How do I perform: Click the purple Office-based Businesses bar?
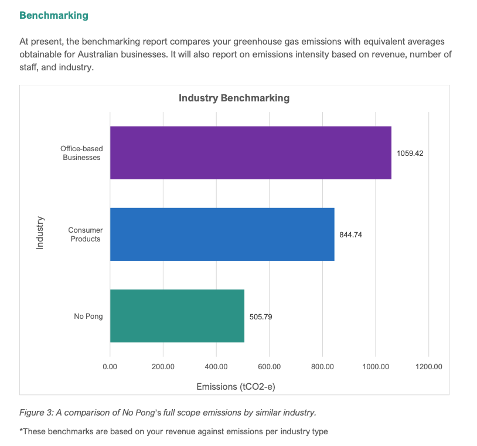tap(251, 153)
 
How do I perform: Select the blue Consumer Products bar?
tap(222, 234)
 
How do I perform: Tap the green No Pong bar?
tap(177, 316)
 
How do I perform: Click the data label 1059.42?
tap(410, 154)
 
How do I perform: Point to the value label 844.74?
tap(351, 235)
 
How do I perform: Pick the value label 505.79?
tap(261, 316)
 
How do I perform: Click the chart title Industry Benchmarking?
tap(234, 98)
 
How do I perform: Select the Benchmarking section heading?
tap(54, 15)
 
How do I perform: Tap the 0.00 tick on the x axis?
tap(110, 367)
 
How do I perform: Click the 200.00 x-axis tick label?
tap(163, 367)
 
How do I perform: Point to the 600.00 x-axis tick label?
tap(269, 367)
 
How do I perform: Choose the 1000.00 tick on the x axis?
tap(376, 367)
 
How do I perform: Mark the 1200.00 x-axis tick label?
tap(429, 367)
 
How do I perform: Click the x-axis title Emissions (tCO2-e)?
tap(236, 387)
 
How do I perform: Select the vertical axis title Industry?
tap(40, 233)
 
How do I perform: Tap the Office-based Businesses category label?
tap(81, 153)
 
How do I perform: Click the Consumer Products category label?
tap(86, 234)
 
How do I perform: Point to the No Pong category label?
tap(88, 316)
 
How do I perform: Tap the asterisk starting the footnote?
tap(21, 431)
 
